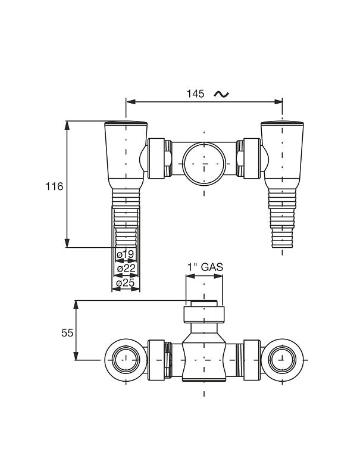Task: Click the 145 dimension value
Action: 195,94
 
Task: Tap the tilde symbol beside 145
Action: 220,94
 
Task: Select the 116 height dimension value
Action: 54,186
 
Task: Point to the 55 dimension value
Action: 67,333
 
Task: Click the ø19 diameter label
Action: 126,255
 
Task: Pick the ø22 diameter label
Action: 126,269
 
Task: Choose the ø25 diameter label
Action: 126,283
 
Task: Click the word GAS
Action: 211,267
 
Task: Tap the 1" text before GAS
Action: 192,267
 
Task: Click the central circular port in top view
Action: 204,163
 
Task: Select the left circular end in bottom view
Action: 126,360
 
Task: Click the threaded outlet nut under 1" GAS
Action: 204,313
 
